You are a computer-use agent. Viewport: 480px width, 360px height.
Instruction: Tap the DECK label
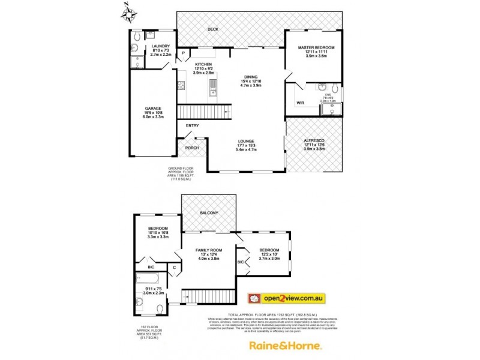point(212,29)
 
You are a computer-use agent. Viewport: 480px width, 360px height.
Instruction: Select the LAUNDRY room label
point(160,46)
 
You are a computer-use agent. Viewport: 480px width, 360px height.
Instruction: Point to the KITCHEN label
point(202,64)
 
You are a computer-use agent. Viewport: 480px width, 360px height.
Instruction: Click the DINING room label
point(251,77)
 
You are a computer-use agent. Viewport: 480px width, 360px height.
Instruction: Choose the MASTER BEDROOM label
point(317,47)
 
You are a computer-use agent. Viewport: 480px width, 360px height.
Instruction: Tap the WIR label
point(301,103)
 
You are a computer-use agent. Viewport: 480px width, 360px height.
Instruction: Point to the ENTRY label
point(192,125)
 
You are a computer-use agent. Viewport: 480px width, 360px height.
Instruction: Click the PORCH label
point(191,148)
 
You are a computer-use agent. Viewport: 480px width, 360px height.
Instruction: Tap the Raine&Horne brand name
point(286,346)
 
